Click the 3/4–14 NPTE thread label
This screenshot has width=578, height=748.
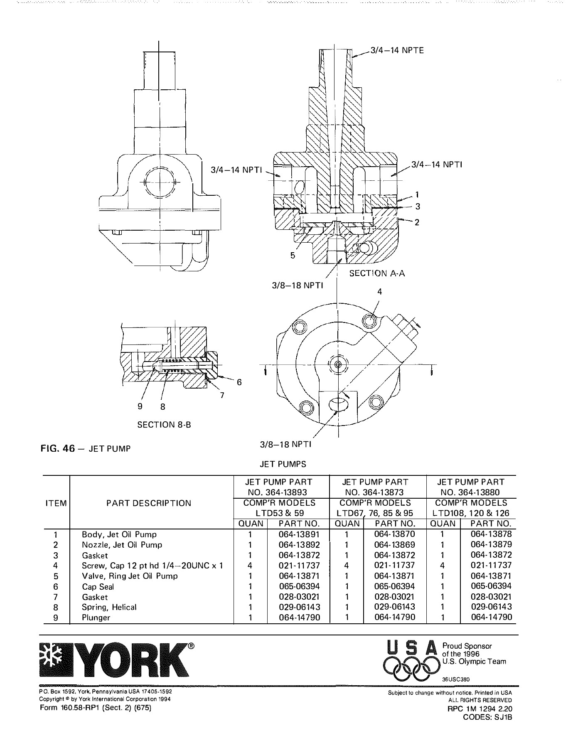point(397,50)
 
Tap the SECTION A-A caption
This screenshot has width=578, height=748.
point(377,273)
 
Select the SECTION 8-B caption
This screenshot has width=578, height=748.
point(164,425)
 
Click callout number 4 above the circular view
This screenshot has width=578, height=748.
point(379,292)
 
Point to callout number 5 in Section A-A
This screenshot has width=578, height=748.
point(293,256)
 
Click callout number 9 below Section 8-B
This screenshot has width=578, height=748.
point(140,406)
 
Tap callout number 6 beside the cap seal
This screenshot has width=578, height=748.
point(239,382)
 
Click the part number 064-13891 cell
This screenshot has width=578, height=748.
point(299,534)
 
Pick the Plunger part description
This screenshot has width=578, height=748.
point(96,618)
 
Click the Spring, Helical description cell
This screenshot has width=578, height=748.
point(109,607)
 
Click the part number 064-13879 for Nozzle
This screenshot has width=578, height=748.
point(491,544)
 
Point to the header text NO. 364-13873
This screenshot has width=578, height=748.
point(375,492)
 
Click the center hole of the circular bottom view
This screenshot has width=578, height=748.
point(337,365)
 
